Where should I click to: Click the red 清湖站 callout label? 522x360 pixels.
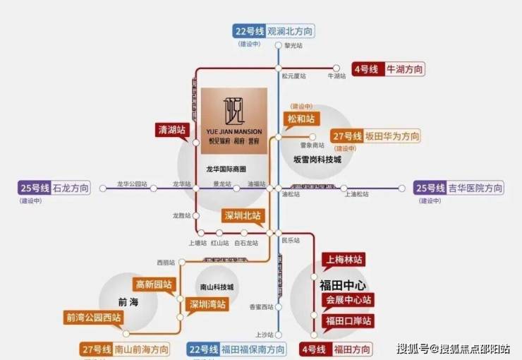click(171, 129)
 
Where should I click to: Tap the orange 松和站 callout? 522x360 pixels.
click(301, 118)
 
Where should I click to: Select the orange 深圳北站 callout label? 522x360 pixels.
click(243, 215)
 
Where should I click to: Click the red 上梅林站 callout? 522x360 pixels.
click(343, 259)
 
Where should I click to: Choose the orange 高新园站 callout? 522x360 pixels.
click(154, 284)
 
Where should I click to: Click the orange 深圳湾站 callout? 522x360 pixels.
click(207, 305)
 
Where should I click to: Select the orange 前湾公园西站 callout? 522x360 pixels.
click(93, 318)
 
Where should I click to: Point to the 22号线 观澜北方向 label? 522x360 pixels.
click(274, 31)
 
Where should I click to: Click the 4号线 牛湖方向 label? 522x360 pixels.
click(389, 69)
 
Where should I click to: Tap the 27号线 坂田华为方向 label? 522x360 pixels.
click(375, 136)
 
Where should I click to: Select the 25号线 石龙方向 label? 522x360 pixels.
click(56, 188)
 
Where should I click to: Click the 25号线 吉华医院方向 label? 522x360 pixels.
click(459, 188)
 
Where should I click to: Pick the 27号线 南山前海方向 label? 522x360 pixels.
click(126, 349)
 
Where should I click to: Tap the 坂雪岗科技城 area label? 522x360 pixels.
click(317, 160)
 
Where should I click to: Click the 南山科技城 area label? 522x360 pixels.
click(216, 287)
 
